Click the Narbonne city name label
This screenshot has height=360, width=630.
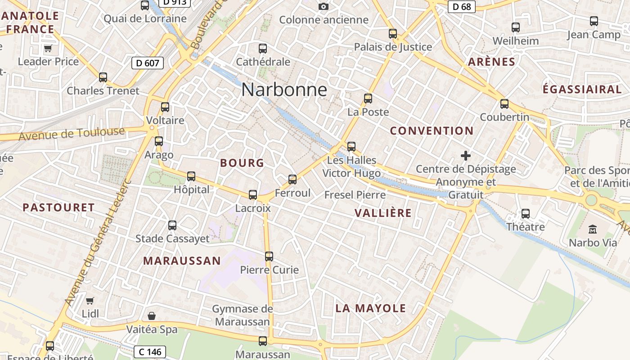[x=284, y=90]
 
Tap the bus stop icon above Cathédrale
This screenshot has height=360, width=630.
[x=263, y=49]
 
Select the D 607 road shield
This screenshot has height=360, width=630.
[x=148, y=63]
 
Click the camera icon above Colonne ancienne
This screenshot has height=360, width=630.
[x=323, y=6]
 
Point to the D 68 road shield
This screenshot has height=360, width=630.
[x=462, y=6]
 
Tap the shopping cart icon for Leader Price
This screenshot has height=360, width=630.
[x=48, y=48]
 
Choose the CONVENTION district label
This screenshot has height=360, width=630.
[x=432, y=131]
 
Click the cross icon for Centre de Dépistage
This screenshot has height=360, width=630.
[x=466, y=156]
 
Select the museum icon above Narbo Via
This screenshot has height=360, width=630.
[x=593, y=229]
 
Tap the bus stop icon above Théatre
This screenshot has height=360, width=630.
[x=526, y=214]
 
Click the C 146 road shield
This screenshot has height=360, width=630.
[x=150, y=351]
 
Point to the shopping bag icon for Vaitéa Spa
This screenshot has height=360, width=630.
[x=152, y=316]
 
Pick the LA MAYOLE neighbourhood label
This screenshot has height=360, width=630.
[x=371, y=308]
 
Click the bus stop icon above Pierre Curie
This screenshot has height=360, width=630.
[x=269, y=256]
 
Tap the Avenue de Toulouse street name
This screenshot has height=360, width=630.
[x=72, y=134]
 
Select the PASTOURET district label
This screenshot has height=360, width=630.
[x=58, y=207]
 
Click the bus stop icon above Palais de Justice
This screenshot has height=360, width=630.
[x=393, y=34]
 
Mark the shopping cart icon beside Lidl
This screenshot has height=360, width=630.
[x=90, y=300]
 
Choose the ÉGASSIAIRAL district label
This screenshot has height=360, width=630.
[x=582, y=89]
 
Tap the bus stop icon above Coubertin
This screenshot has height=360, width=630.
[x=504, y=104]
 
